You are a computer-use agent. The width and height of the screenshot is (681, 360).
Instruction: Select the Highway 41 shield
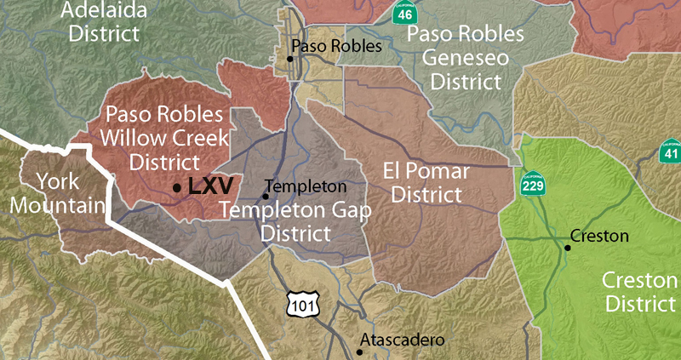[x=671, y=151]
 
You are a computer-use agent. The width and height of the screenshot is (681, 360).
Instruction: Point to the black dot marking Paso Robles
[x=290, y=59]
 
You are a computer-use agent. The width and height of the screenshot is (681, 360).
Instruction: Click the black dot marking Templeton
[x=266, y=197]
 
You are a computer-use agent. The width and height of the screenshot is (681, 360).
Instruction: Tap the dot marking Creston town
[x=568, y=248]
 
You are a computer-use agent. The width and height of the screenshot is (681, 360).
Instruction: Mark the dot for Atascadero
[x=358, y=351]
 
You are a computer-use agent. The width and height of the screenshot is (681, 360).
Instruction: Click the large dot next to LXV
[x=176, y=187]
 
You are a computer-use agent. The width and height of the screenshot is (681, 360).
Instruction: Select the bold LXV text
[x=210, y=186]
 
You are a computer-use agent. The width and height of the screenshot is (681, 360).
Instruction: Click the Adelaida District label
[x=104, y=23]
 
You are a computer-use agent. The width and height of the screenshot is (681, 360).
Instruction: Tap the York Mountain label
[x=62, y=192]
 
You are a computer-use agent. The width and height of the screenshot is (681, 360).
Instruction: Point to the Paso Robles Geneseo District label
[x=465, y=59]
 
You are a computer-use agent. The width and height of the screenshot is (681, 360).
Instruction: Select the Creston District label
[x=640, y=292]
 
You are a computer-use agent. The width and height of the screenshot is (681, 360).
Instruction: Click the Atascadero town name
[x=403, y=340]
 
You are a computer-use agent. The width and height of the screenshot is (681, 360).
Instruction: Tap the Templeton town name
[x=306, y=186]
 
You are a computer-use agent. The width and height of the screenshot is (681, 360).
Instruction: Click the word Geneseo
[x=465, y=59]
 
